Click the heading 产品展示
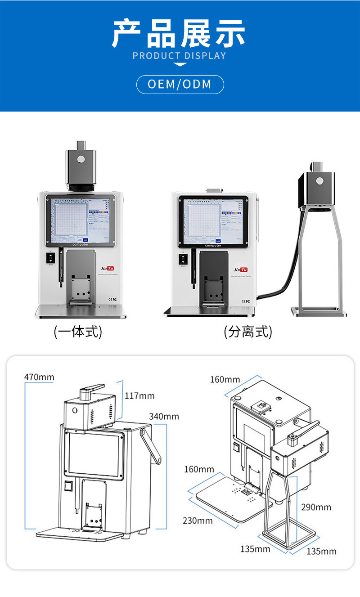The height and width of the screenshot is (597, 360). pyautogui.click(x=179, y=34)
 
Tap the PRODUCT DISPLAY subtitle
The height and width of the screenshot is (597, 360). pyautogui.click(x=179, y=56)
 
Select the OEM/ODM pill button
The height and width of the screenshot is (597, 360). pyautogui.click(x=180, y=85)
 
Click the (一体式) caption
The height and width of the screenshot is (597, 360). pyautogui.click(x=78, y=332)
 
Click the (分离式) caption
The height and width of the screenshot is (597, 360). pyautogui.click(x=248, y=332)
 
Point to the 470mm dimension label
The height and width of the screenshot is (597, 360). pyautogui.click(x=39, y=377)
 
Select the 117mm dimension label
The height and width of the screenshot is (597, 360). pyautogui.click(x=139, y=396)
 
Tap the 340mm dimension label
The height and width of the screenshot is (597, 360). pyautogui.click(x=164, y=416)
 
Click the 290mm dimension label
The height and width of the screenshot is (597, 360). pyautogui.click(x=316, y=507)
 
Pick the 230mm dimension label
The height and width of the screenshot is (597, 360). pyautogui.click(x=198, y=521)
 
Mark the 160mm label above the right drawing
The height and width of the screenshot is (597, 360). pyautogui.click(x=225, y=380)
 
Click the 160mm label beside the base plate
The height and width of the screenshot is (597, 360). pyautogui.click(x=199, y=470)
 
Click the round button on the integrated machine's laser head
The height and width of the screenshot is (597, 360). pyautogui.click(x=81, y=159)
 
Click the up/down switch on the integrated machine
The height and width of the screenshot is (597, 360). pyautogui.click(x=50, y=258)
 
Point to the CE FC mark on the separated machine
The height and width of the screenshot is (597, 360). pyautogui.click(x=246, y=301)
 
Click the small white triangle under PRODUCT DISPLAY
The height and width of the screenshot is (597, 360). pyautogui.click(x=180, y=65)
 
